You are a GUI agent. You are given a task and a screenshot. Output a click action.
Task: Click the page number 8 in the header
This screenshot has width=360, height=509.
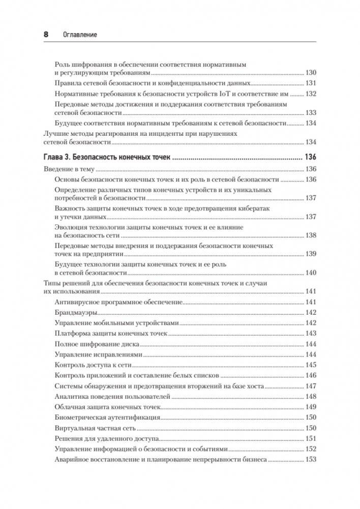pyautogui.click(x=45, y=35)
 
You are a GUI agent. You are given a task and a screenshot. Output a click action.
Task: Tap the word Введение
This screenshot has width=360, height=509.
pyautogui.click(x=54, y=169)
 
